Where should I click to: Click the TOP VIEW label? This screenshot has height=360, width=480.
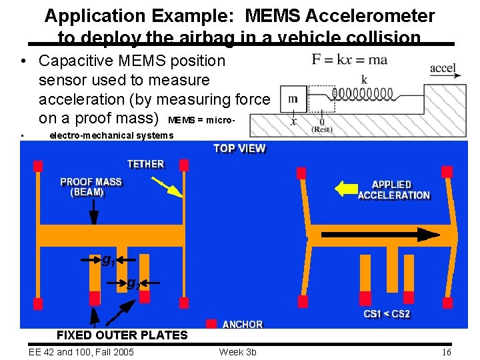pos(239,149)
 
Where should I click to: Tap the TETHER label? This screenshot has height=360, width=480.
pos(145,164)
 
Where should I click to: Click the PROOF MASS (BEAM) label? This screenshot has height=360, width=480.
pos(91,187)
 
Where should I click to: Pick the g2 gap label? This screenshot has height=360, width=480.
pos(133,283)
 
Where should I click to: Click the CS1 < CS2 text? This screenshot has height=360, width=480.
pos(387,314)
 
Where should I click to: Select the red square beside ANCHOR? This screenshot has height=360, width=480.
pos(211,324)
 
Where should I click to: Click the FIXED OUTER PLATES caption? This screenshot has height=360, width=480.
pos(122,335)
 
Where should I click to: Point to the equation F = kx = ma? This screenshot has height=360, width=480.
pos(349,60)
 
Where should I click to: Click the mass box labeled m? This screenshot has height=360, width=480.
pos(293,99)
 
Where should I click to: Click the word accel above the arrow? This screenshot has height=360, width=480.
pos(443,68)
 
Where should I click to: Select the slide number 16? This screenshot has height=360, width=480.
pos(446,352)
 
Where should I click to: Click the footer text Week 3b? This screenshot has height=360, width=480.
pos(237,352)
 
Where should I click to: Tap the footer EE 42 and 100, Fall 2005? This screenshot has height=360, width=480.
pos(81,352)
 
